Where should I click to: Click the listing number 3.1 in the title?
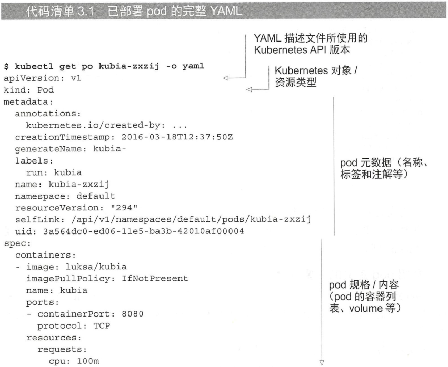click(x=86, y=11)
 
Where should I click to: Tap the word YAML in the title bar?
click(x=226, y=11)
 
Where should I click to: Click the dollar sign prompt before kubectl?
click(x=6, y=66)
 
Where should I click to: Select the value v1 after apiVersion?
click(x=76, y=78)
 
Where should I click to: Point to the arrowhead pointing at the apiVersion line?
click(x=226, y=78)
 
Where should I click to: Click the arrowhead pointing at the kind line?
click(x=249, y=89)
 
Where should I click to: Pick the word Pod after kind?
click(x=45, y=90)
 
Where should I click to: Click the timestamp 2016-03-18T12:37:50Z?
click(x=177, y=137)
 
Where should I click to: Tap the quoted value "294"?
click(x=124, y=208)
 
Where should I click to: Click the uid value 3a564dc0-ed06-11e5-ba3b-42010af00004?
click(x=143, y=231)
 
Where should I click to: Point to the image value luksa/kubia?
click(x=96, y=267)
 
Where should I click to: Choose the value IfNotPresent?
click(x=155, y=278)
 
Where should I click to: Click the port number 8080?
click(x=133, y=314)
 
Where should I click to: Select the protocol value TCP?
click(x=102, y=325)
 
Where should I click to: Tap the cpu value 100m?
click(x=88, y=361)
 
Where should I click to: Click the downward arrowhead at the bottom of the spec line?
click(x=322, y=363)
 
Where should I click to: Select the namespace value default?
click(x=96, y=196)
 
